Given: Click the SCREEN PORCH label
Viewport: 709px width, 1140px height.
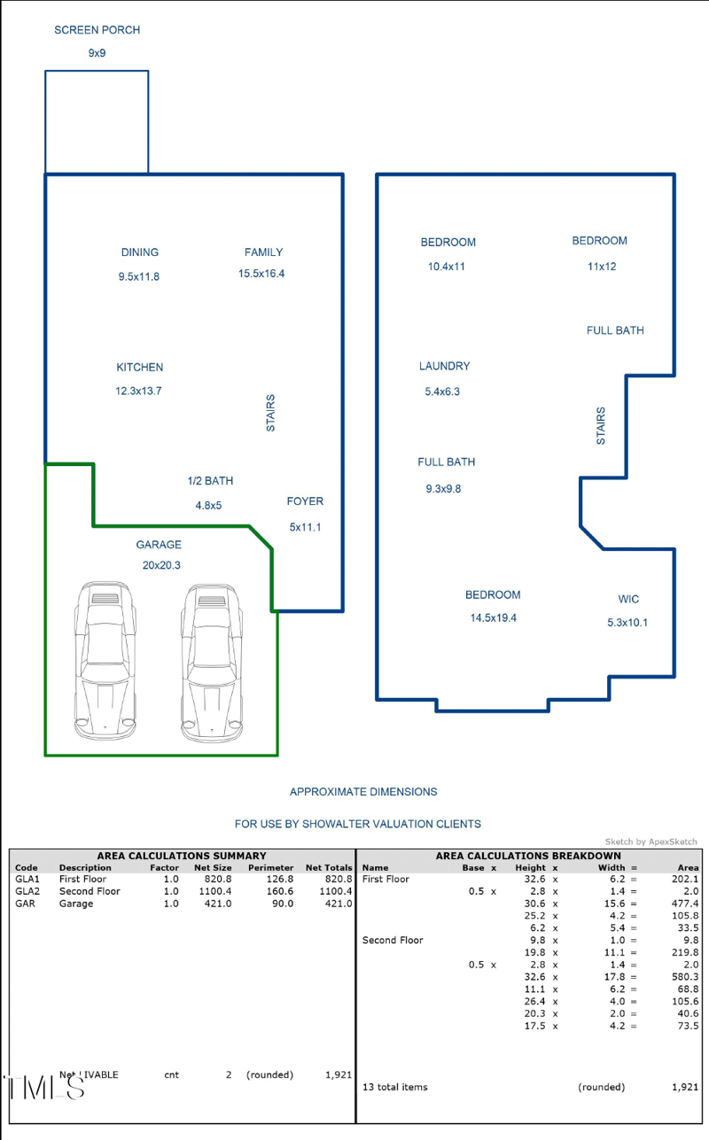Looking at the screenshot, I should [x=97, y=30].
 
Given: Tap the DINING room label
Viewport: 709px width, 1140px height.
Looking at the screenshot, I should [x=139, y=252].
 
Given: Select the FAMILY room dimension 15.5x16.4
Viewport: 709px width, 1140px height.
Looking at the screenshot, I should [x=261, y=274].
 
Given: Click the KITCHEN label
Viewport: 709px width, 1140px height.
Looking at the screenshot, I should [x=139, y=367].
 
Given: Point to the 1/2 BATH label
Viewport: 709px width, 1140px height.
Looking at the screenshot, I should [x=210, y=481].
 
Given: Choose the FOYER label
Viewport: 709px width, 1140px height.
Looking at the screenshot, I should [x=305, y=501].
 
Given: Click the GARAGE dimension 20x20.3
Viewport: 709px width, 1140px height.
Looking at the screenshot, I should [x=161, y=565].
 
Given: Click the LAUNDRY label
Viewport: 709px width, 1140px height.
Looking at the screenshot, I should [x=444, y=366].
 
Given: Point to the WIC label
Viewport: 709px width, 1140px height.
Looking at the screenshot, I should [x=628, y=600].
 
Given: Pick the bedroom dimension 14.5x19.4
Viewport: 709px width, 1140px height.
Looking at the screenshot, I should [x=493, y=618].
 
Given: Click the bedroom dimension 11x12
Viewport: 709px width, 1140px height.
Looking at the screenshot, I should [x=601, y=267].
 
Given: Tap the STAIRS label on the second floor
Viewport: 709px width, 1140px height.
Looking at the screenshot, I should [x=602, y=426].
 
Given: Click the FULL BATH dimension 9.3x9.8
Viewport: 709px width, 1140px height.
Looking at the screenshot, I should [x=443, y=488].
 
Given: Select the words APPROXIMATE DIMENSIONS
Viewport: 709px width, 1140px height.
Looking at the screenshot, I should [x=363, y=792].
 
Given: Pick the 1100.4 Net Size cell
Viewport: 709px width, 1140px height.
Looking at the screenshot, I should [x=213, y=891].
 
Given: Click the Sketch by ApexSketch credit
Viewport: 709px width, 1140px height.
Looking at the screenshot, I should [x=651, y=841].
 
